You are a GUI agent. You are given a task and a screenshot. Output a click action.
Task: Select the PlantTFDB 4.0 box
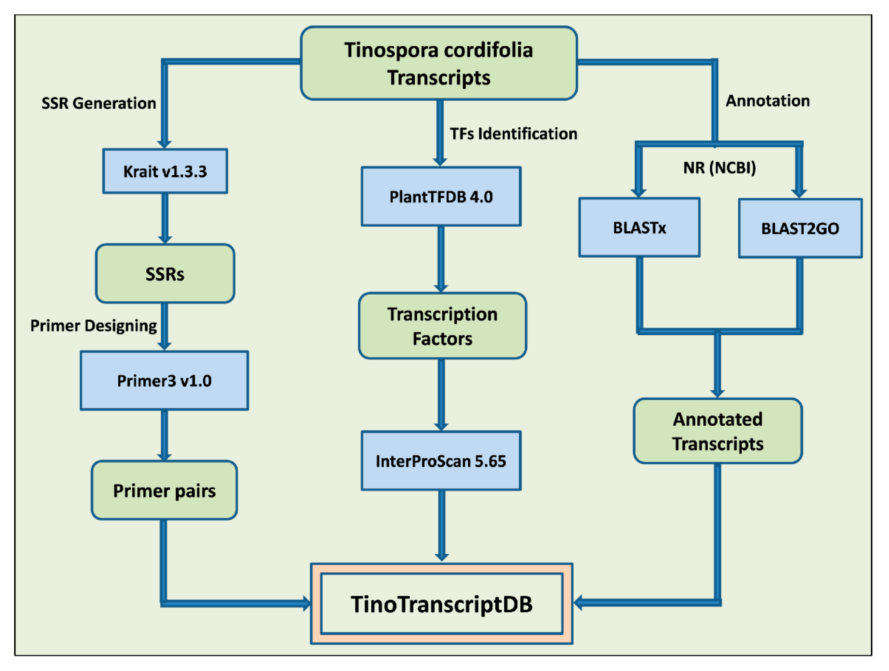441,197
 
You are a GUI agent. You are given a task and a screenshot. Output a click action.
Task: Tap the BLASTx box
639,227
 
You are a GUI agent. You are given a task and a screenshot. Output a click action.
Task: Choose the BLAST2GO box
800,228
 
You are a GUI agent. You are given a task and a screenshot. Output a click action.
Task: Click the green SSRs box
165,274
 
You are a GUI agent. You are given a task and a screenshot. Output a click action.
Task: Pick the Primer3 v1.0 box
164,380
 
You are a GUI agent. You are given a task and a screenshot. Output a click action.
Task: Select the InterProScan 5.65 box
441,461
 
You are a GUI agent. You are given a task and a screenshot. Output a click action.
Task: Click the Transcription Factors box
442,326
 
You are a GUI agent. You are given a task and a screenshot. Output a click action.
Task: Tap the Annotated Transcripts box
718,431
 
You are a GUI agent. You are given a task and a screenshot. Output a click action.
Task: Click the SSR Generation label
99,103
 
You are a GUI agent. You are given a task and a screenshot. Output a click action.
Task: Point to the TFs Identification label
513,134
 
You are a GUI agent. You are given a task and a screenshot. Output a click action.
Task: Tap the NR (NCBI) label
719,168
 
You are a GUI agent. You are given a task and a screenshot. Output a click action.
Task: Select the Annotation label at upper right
767,101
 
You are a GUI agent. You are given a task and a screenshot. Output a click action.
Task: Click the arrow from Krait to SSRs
165,218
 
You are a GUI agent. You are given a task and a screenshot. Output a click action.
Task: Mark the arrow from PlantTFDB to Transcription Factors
441,258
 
